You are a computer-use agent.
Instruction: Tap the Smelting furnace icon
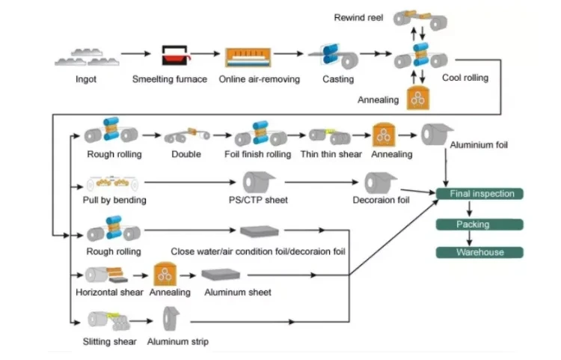click(x=177, y=55)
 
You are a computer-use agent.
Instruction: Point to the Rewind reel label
click(x=359, y=16)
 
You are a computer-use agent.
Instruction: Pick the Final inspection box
click(x=481, y=194)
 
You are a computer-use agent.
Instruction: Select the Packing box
click(x=473, y=224)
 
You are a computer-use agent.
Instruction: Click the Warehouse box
click(x=479, y=252)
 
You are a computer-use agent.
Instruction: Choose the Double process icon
click(x=186, y=135)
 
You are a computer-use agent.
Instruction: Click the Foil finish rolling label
click(x=257, y=154)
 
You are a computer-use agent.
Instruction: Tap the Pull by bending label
click(x=114, y=200)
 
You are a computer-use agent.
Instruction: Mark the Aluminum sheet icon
click(x=221, y=275)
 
